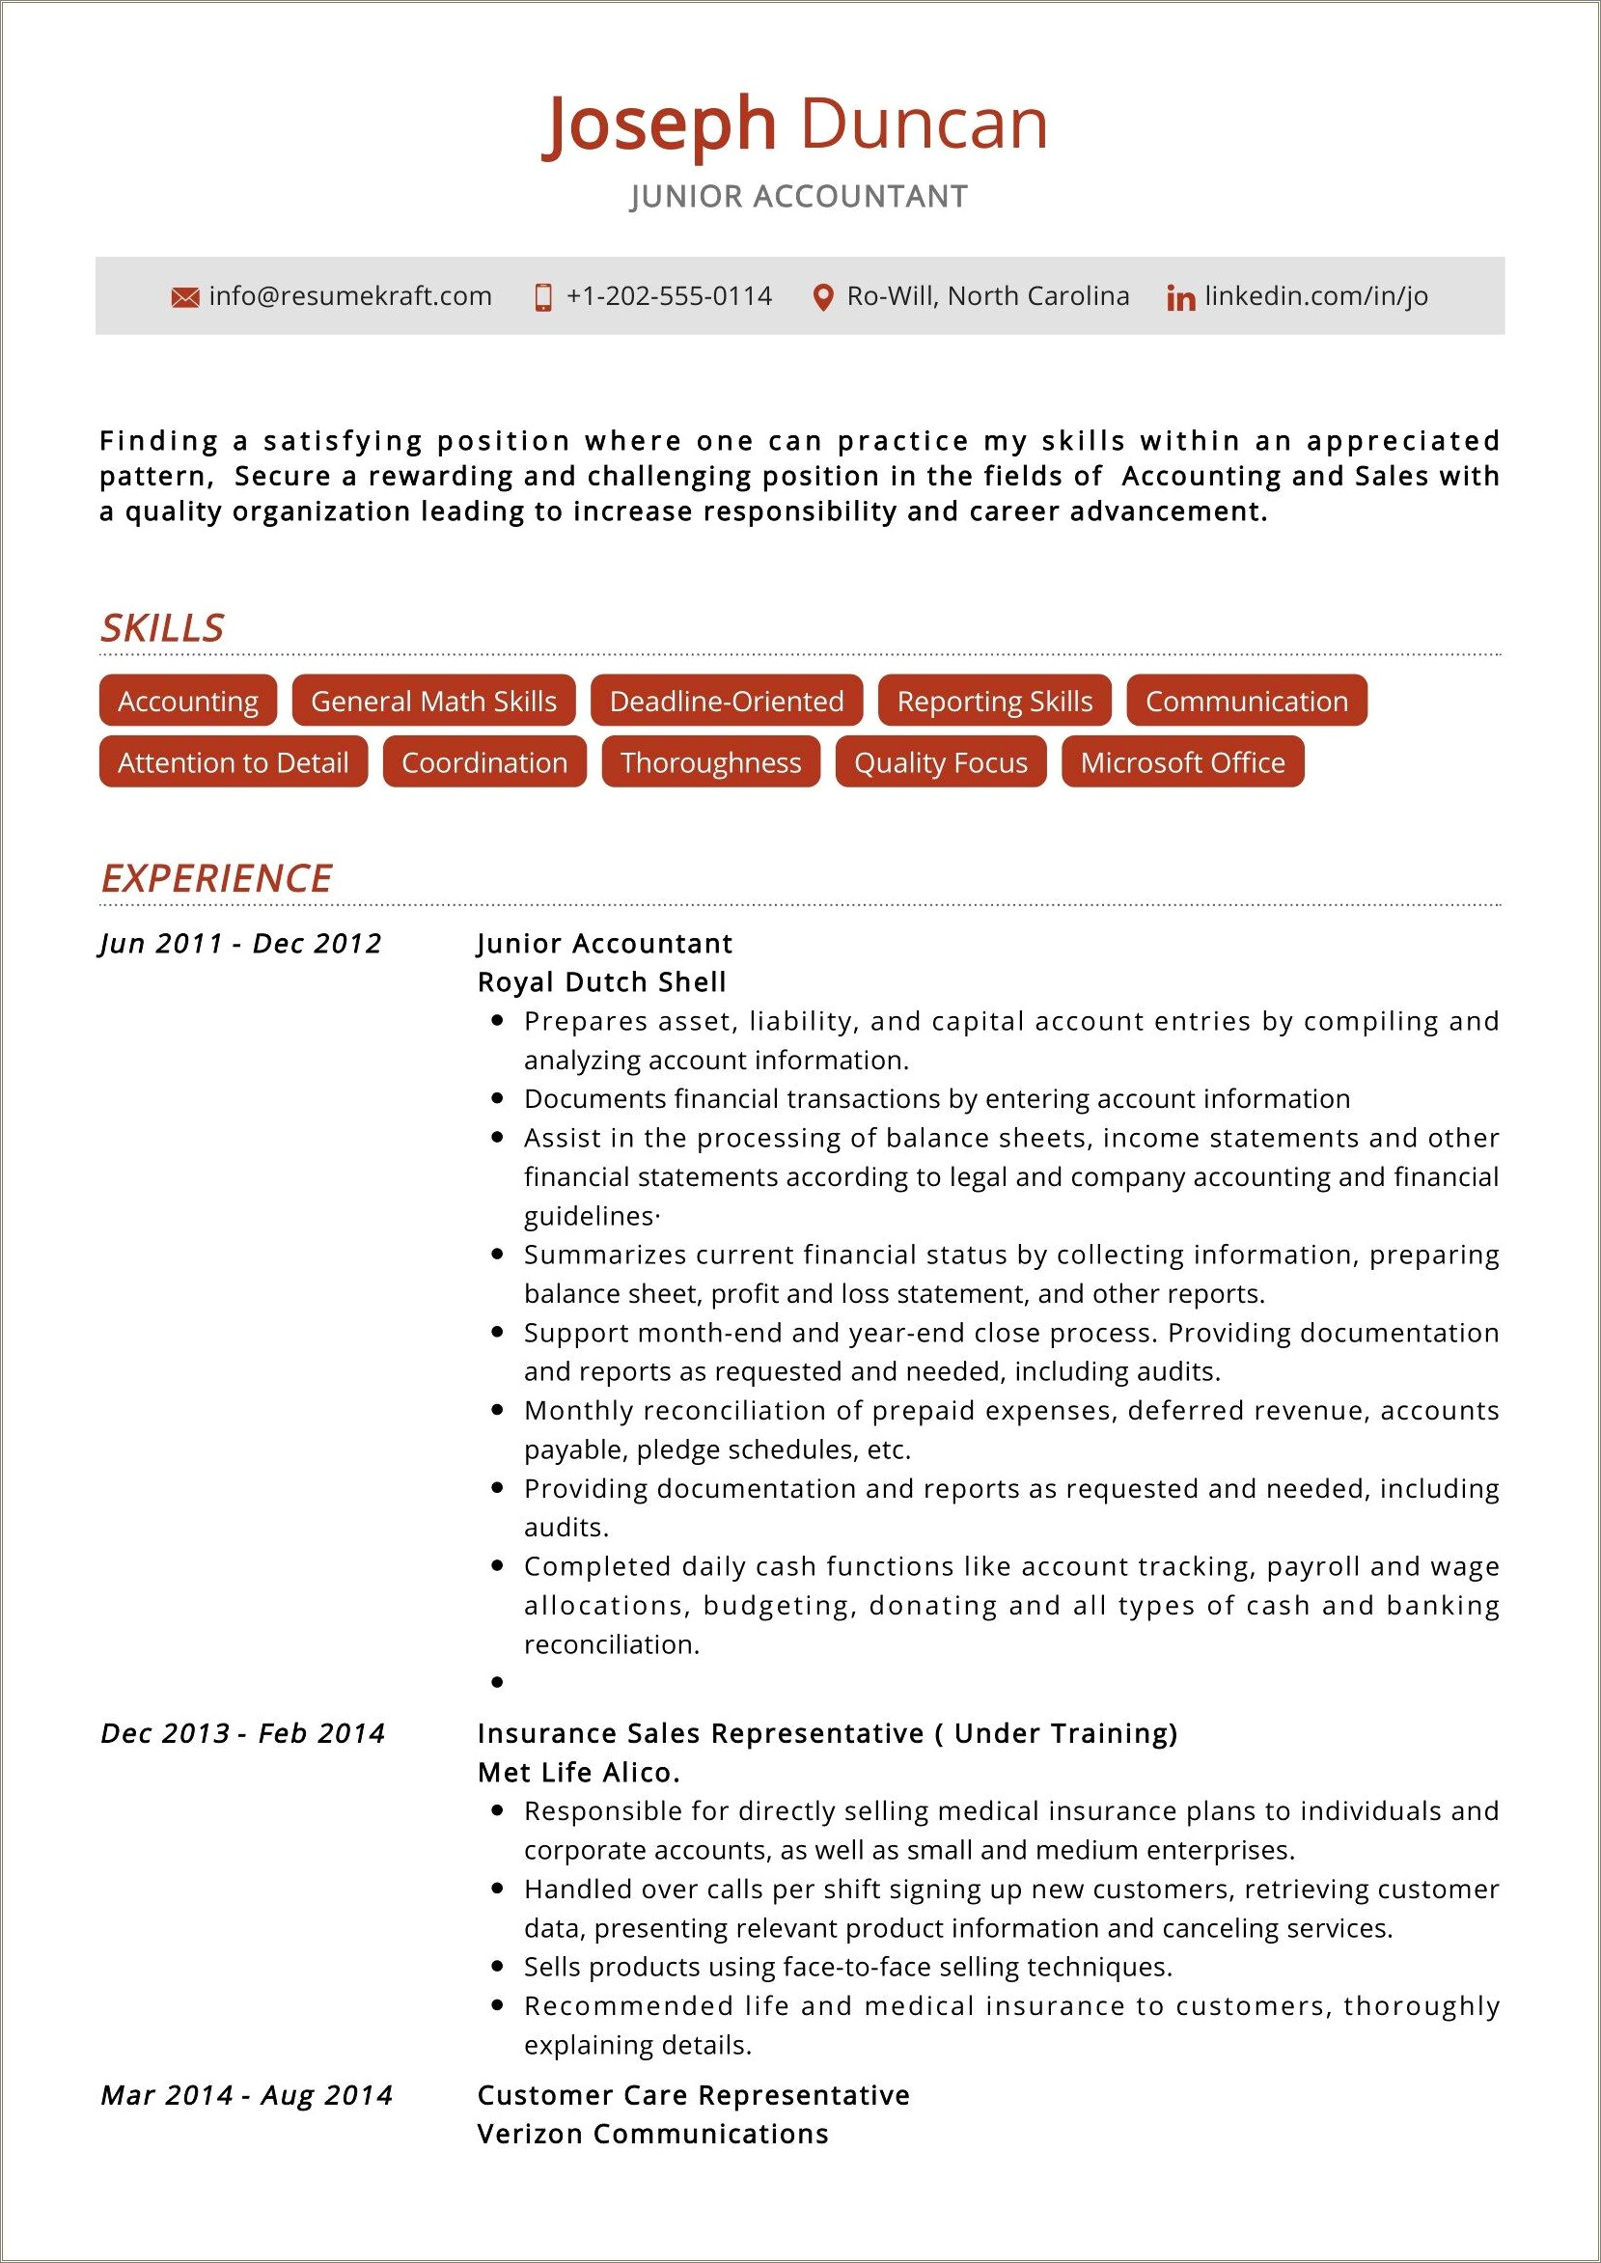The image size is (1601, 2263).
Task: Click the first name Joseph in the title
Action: point(658,126)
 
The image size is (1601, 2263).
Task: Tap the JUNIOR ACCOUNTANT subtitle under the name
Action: point(799,197)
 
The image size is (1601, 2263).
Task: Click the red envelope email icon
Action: point(184,297)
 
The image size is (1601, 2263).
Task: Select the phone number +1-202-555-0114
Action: point(669,296)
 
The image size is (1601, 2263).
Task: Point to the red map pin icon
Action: point(822,297)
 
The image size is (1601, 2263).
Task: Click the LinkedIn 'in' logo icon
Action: point(1180,298)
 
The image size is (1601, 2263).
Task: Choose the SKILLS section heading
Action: point(163,628)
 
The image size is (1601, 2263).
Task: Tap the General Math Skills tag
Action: point(433,701)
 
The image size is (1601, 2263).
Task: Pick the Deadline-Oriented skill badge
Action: point(727,701)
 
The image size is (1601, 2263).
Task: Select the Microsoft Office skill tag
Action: point(1182,761)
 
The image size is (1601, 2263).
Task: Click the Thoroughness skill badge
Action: point(711,761)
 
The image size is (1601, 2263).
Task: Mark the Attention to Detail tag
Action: point(234,761)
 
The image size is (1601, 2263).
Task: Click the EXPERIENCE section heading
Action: point(217,878)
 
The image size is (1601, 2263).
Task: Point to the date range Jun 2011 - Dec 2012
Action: point(240,944)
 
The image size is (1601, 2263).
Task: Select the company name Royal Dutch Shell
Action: point(601,982)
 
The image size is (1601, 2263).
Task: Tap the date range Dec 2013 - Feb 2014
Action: point(242,1734)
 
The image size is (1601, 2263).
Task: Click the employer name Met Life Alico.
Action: point(579,1773)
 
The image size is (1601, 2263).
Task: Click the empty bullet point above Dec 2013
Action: point(498,1683)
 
